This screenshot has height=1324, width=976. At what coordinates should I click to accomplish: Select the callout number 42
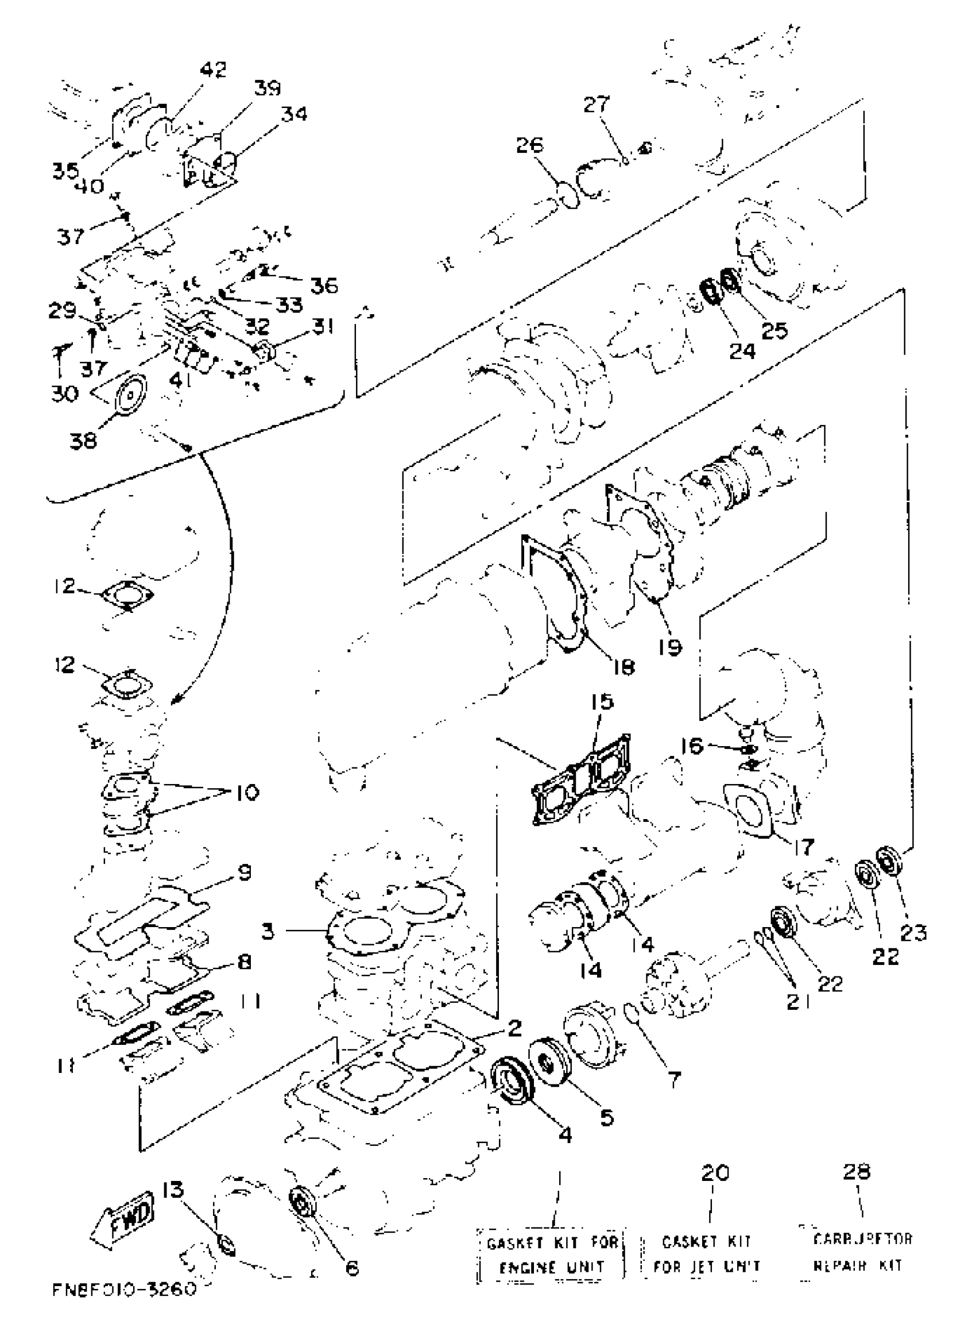(213, 70)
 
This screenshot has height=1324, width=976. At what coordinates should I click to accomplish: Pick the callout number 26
(529, 145)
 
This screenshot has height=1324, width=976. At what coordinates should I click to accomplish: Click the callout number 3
(268, 932)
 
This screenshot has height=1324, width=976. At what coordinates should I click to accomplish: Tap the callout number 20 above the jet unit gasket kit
(715, 1172)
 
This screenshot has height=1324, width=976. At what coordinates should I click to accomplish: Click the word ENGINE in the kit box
(527, 1267)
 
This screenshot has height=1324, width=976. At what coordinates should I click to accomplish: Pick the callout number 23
(913, 933)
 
